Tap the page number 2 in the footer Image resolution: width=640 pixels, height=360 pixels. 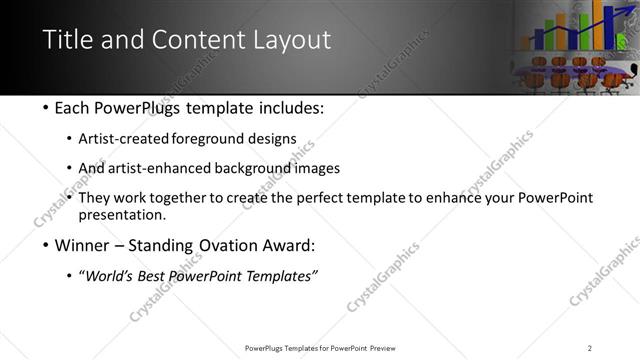(590, 347)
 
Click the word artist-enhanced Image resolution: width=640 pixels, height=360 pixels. (160, 168)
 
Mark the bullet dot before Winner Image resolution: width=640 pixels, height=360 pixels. (47, 245)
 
